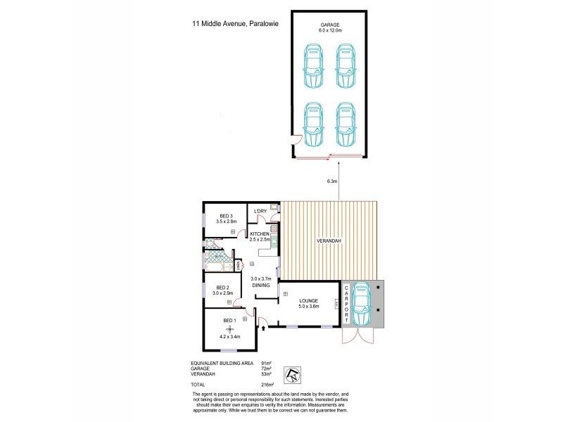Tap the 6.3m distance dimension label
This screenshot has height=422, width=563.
333,181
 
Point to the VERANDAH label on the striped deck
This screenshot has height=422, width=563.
329,241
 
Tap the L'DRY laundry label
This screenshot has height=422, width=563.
260,211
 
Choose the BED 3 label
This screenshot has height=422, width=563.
226,215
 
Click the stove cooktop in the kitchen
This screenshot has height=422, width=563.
274,229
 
